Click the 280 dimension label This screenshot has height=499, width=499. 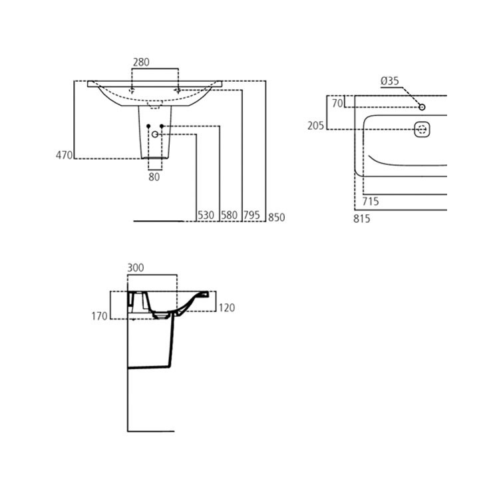point(141,62)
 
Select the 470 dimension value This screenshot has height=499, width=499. point(64,155)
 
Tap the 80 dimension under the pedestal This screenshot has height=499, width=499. point(154,177)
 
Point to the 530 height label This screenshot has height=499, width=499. point(206,216)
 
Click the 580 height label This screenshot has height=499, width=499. point(230,216)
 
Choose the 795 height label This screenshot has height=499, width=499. point(251,216)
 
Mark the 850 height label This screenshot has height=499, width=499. point(276,218)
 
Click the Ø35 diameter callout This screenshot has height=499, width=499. point(390,81)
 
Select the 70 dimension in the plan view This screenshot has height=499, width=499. point(337,103)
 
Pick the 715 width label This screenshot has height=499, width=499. point(371,201)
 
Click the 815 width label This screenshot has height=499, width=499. point(361,218)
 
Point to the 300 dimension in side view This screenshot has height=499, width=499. point(135,267)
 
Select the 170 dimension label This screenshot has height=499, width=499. point(99,316)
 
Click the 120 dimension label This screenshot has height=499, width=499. point(226,308)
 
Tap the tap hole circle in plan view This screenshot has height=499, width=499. point(422,107)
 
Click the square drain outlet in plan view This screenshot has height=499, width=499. point(422,129)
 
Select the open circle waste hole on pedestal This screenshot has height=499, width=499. point(156,134)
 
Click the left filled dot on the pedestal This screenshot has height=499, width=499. point(148,126)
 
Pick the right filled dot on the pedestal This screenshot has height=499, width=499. point(162,126)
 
